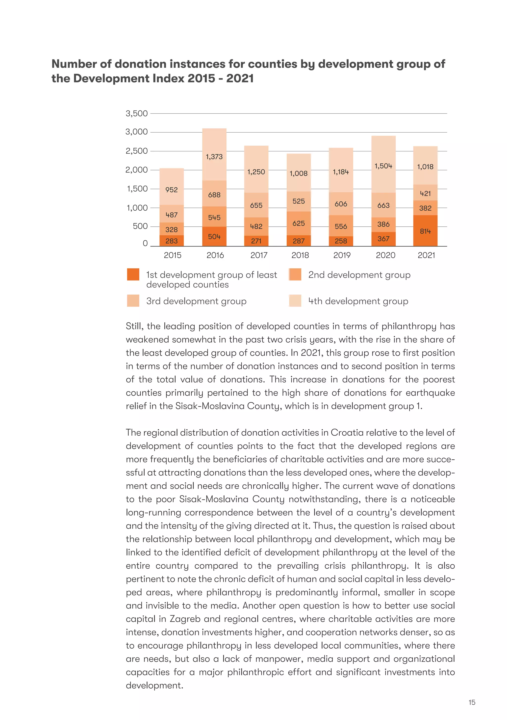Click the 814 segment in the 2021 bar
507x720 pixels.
[x=425, y=231]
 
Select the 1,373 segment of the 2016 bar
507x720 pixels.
[x=214, y=156]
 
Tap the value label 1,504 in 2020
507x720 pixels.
[x=383, y=166]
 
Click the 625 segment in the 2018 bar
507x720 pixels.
[x=298, y=223]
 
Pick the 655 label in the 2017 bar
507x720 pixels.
[x=256, y=205]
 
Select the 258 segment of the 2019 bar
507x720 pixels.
[x=341, y=241]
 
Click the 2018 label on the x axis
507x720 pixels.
[x=300, y=255]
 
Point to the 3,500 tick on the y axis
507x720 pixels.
[x=136, y=113]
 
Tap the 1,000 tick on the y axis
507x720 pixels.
[x=137, y=208]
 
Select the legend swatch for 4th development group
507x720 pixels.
[x=295, y=301]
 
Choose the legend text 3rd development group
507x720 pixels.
[x=196, y=301]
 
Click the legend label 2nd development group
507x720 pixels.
[x=359, y=275]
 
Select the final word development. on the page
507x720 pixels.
[x=154, y=686]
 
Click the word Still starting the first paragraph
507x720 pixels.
[x=135, y=326]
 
